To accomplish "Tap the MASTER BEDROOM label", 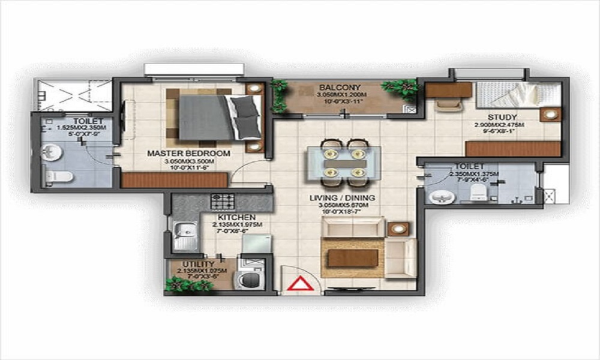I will click(188, 154).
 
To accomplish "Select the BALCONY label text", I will click(331, 86).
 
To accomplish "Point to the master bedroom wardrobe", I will click(174, 179).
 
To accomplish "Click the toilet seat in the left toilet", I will click(59, 176).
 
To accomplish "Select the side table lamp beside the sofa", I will click(397, 229).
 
